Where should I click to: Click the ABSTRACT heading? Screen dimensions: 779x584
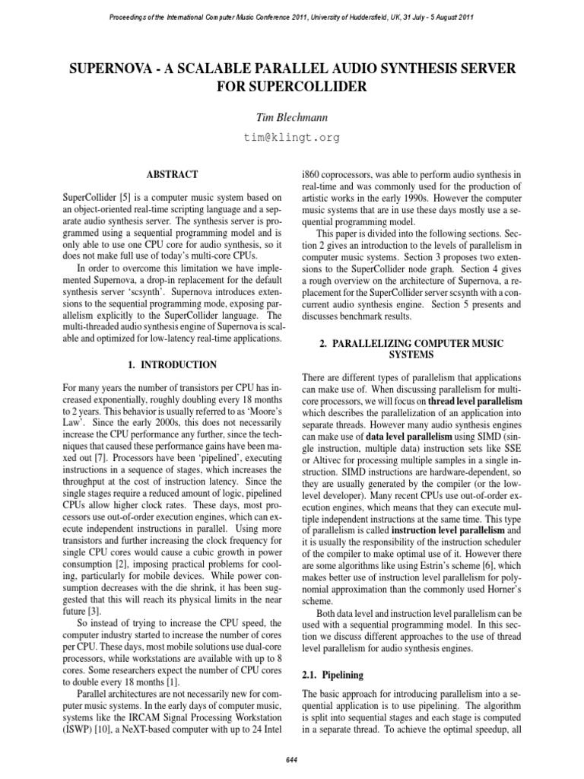173,174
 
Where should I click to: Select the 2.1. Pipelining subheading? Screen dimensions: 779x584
322,675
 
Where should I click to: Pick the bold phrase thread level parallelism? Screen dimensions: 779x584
475,399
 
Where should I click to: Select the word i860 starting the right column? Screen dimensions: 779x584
312,174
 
